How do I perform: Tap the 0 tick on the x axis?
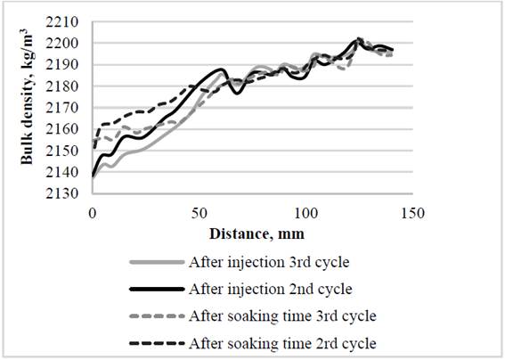pyautogui.click(x=92, y=215)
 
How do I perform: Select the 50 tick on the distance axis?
pyautogui.click(x=198, y=215)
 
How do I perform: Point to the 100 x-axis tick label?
pyautogui.click(x=305, y=215)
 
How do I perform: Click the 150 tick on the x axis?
pyautogui.click(x=411, y=215)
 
